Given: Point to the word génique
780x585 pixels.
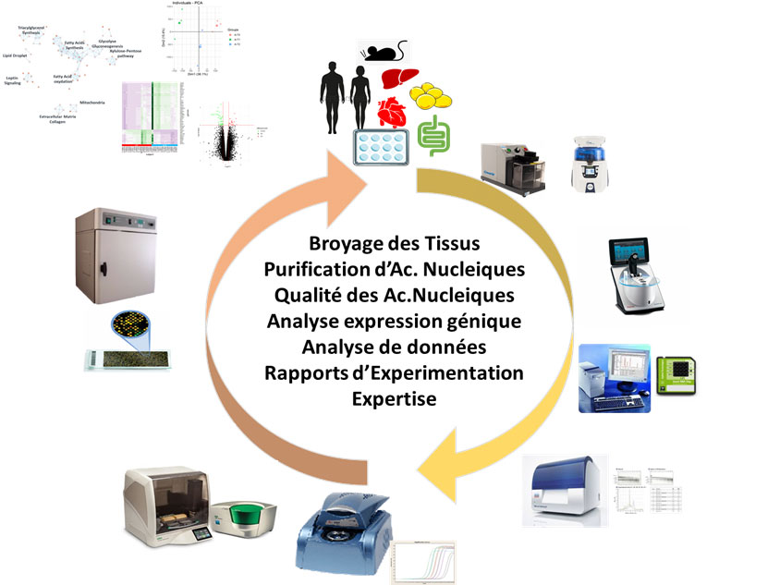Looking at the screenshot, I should point(482,323).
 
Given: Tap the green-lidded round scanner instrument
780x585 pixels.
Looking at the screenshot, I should point(244,520).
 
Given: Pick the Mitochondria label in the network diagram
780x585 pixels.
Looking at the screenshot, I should point(97,102).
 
